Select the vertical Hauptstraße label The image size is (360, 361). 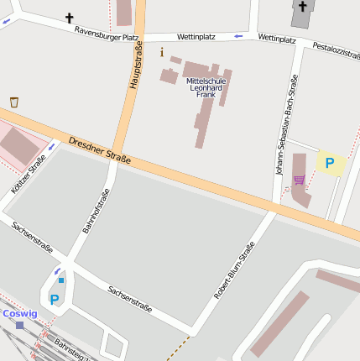point(135,68)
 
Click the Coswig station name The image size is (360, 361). point(19,313)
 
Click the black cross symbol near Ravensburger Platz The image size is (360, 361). point(69,17)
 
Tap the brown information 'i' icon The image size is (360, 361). point(162,52)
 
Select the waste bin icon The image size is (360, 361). point(14,102)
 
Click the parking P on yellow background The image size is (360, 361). point(330,164)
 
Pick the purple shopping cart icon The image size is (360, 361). point(299,180)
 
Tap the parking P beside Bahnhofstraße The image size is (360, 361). point(55,299)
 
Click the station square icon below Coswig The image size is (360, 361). point(19,325)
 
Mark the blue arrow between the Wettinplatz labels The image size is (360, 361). point(238,36)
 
